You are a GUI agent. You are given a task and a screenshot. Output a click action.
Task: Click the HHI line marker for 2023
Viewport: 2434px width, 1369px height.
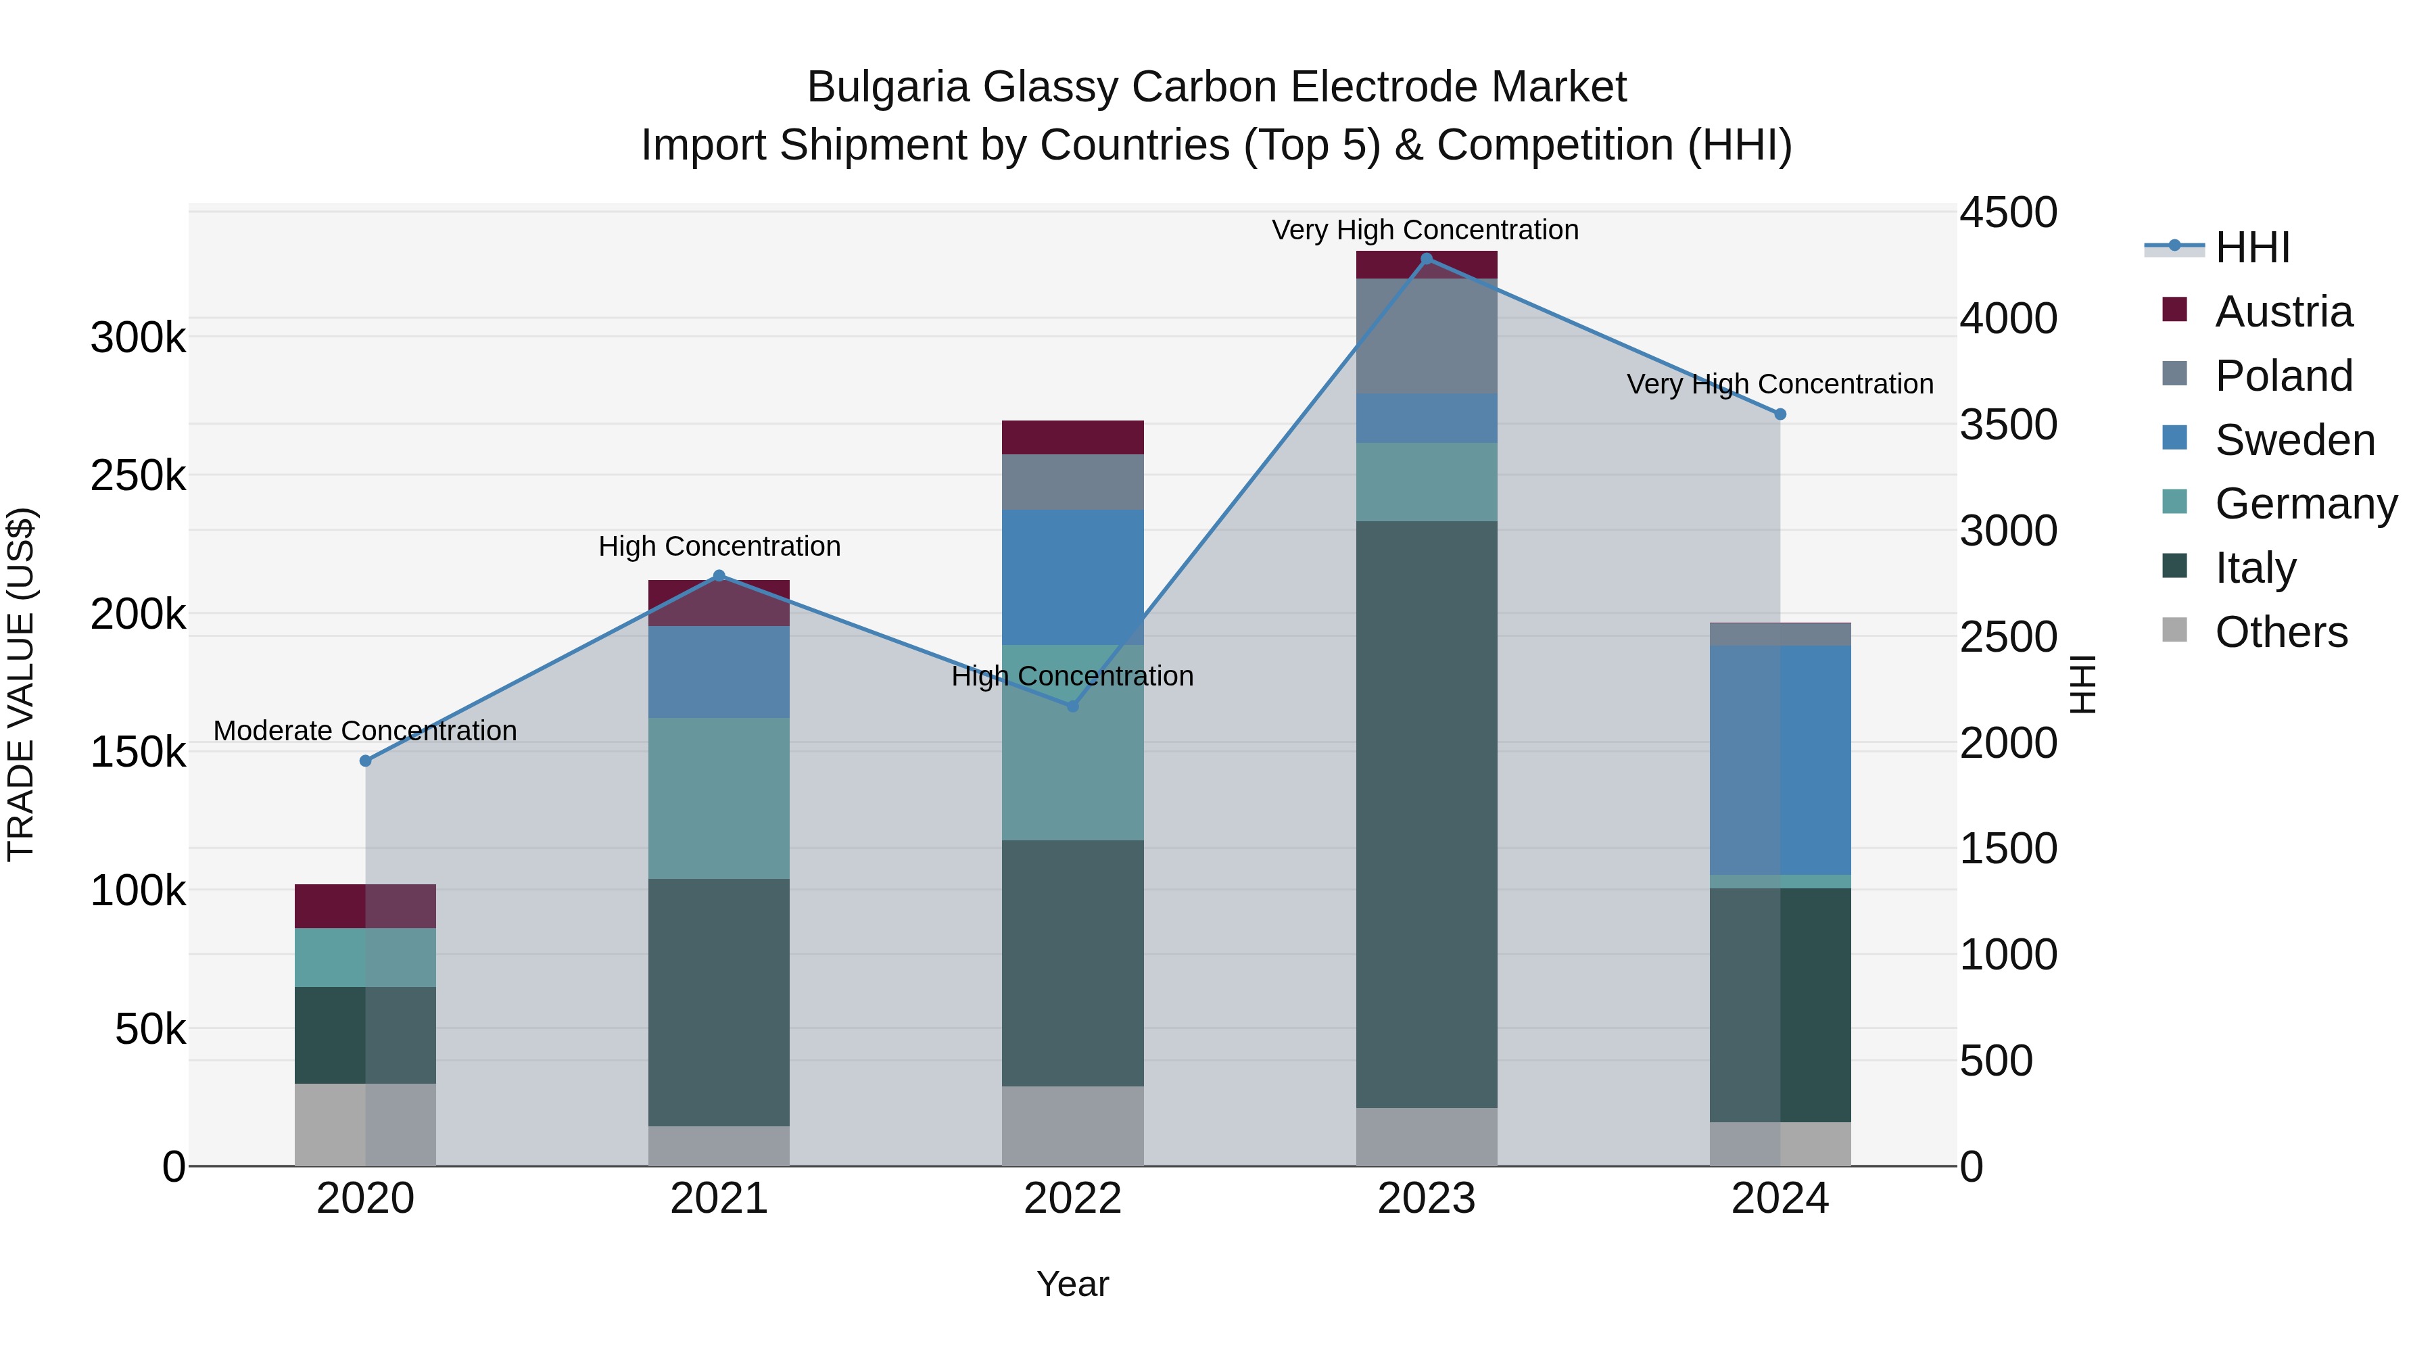point(1426,258)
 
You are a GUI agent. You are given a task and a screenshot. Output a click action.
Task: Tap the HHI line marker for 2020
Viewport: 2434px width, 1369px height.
point(366,761)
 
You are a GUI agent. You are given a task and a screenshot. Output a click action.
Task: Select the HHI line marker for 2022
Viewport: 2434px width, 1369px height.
point(1072,706)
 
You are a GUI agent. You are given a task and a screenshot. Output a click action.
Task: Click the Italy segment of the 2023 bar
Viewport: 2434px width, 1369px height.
point(1426,813)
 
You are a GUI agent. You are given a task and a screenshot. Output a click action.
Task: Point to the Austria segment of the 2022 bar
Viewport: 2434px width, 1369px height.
point(1072,437)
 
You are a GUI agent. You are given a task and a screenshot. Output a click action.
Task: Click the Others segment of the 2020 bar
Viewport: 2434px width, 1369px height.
point(366,1124)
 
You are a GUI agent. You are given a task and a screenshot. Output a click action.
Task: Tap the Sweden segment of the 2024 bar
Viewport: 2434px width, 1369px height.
point(1780,760)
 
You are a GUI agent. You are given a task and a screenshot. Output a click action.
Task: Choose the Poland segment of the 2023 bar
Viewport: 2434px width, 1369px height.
point(1426,335)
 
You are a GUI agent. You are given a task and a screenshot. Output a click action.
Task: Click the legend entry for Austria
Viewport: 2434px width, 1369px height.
point(2282,312)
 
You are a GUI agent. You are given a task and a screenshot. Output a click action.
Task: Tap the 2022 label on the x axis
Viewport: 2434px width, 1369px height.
point(1072,1199)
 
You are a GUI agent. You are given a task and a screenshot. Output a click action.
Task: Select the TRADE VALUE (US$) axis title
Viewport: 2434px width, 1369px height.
point(21,684)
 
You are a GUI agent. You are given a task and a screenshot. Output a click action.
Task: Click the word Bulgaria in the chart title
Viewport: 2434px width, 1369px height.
point(887,87)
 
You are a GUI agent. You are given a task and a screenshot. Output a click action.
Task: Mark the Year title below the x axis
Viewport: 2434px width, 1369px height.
point(1072,1284)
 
